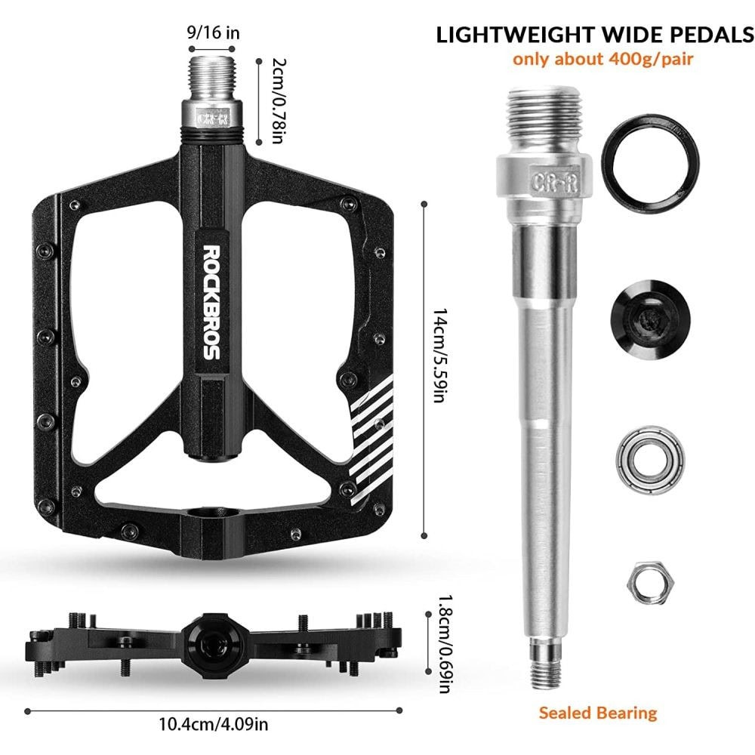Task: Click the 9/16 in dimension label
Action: (x=213, y=32)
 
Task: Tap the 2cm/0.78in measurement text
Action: (x=279, y=100)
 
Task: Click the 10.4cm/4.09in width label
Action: (x=214, y=724)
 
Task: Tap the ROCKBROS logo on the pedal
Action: (x=212, y=302)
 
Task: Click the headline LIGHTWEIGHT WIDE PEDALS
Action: (x=595, y=35)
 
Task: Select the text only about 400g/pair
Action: (x=602, y=59)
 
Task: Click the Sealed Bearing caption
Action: (x=598, y=713)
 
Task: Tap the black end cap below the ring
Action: (x=651, y=319)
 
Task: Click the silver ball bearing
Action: (x=651, y=459)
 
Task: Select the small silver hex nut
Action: (x=651, y=583)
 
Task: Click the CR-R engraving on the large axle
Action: (x=555, y=181)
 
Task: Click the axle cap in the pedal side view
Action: (x=212, y=646)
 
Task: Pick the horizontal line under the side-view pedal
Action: (x=214, y=710)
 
